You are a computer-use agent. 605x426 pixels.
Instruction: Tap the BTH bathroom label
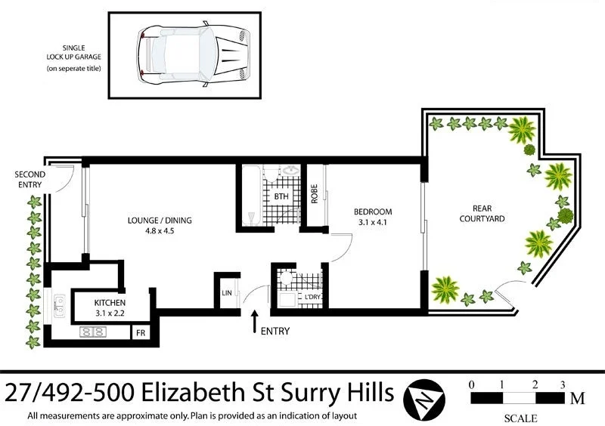pyautogui.click(x=281, y=196)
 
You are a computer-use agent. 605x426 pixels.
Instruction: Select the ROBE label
pyautogui.click(x=314, y=195)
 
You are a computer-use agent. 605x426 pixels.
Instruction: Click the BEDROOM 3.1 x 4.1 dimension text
pyautogui.click(x=372, y=224)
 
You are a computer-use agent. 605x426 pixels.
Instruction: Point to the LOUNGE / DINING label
pyautogui.click(x=160, y=221)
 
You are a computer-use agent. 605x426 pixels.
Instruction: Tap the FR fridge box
pyautogui.click(x=140, y=332)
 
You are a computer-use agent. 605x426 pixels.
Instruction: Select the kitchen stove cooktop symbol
pyautogui.click(x=94, y=331)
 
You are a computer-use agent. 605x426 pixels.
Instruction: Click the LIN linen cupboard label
pyautogui.click(x=225, y=292)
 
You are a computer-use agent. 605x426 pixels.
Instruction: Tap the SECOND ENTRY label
pyautogui.click(x=29, y=179)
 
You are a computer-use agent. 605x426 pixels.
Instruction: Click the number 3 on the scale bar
pyautogui.click(x=563, y=384)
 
